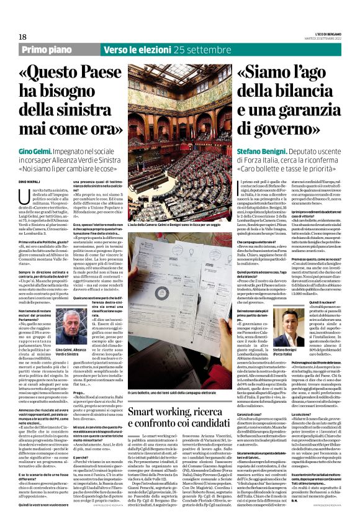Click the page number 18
point(22,37)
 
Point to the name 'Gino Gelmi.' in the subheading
point(34,151)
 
